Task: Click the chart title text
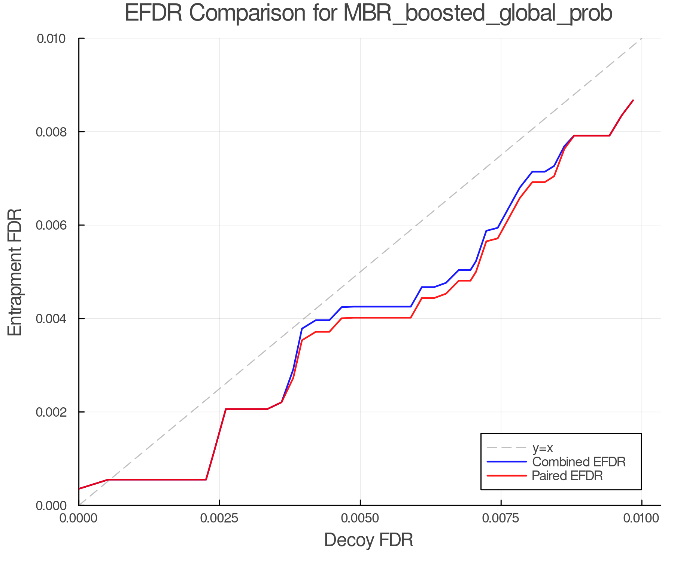[x=368, y=13]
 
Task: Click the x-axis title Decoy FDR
[x=368, y=540]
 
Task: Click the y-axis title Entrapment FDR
[x=15, y=272]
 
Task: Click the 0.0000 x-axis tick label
[x=79, y=518]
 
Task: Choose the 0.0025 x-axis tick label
[x=219, y=518]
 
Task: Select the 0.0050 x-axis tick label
[x=360, y=518]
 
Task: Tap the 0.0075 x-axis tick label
[x=501, y=518]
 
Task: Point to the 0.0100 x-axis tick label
[x=641, y=518]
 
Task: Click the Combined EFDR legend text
[x=579, y=462]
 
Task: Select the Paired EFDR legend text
[x=567, y=476]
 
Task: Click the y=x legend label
[x=543, y=448]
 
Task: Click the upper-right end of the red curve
[x=633, y=101]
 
